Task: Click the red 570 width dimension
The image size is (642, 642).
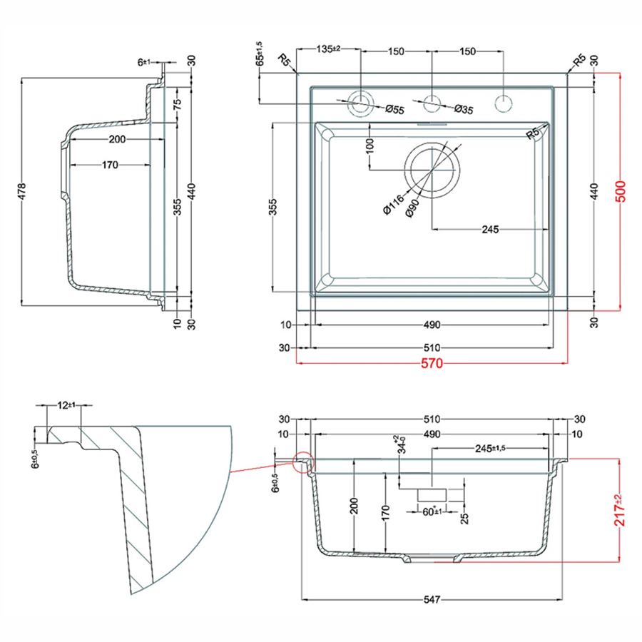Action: coord(432,363)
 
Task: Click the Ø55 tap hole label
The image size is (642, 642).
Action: coord(394,109)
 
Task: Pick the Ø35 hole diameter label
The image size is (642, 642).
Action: coord(464,109)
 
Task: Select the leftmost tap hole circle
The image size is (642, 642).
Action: coord(362,102)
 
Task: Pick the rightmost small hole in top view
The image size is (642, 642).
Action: coord(504,102)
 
